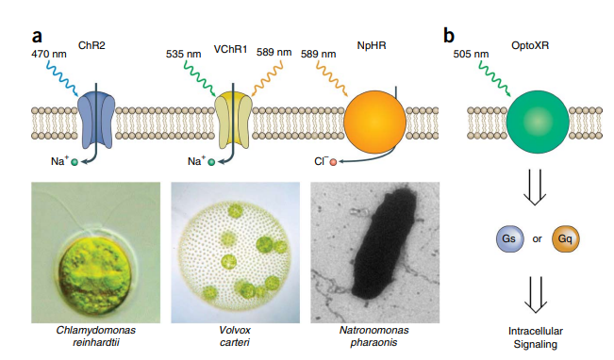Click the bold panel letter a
tap(38, 37)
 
